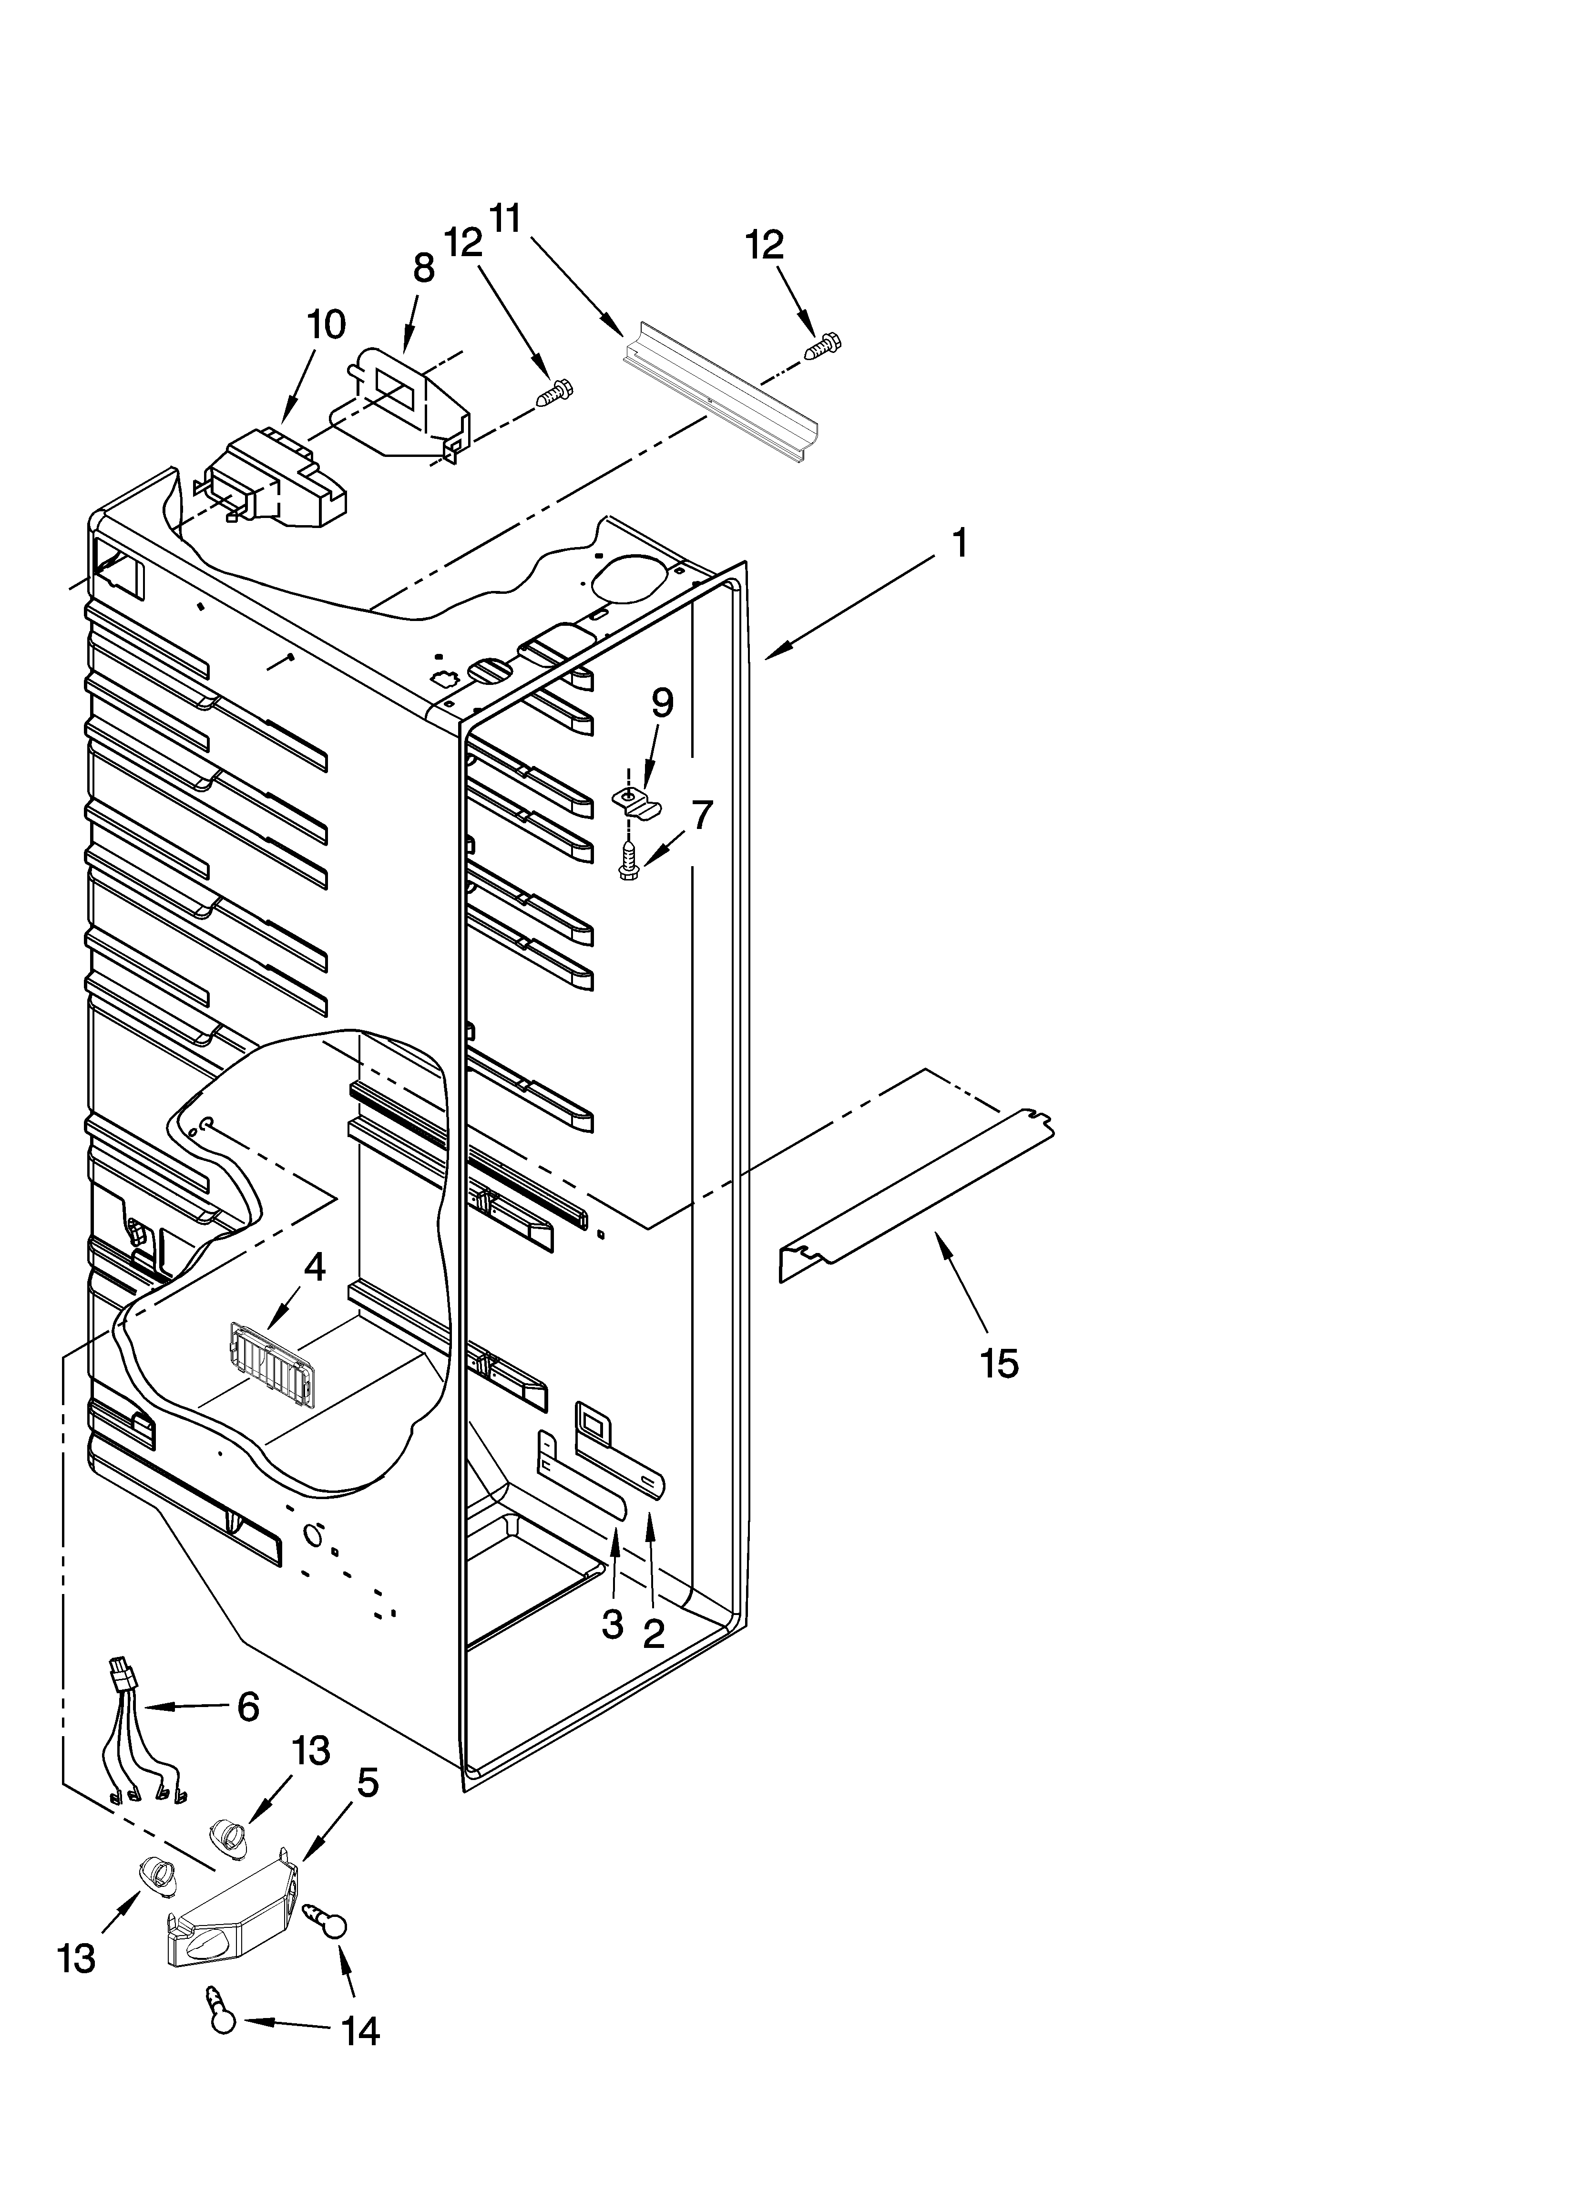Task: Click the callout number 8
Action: [x=424, y=269]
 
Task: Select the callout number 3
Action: [x=612, y=1624]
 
